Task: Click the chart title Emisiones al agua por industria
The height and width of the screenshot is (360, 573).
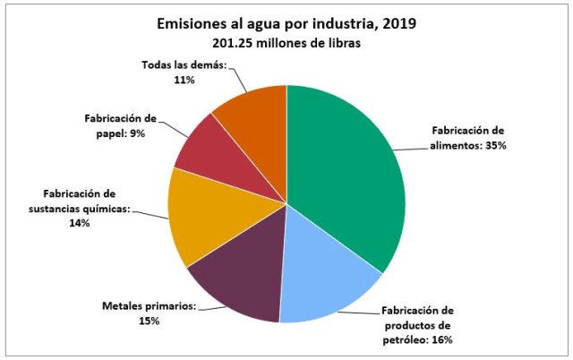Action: click(x=286, y=23)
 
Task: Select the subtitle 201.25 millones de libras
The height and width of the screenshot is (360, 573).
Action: click(x=286, y=43)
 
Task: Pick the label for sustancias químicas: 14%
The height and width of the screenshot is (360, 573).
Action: click(x=80, y=208)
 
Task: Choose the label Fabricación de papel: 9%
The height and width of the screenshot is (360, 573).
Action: click(x=115, y=125)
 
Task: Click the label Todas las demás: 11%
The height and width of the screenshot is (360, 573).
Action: click(x=184, y=72)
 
